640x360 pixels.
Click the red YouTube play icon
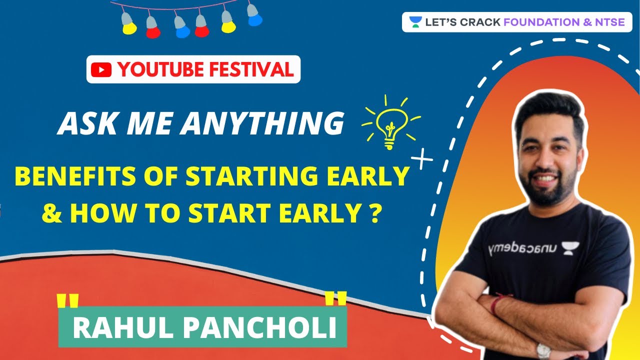pos(102,70)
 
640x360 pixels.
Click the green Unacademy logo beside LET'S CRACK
pos(415,22)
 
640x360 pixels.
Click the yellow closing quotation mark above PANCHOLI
pos(335,299)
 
